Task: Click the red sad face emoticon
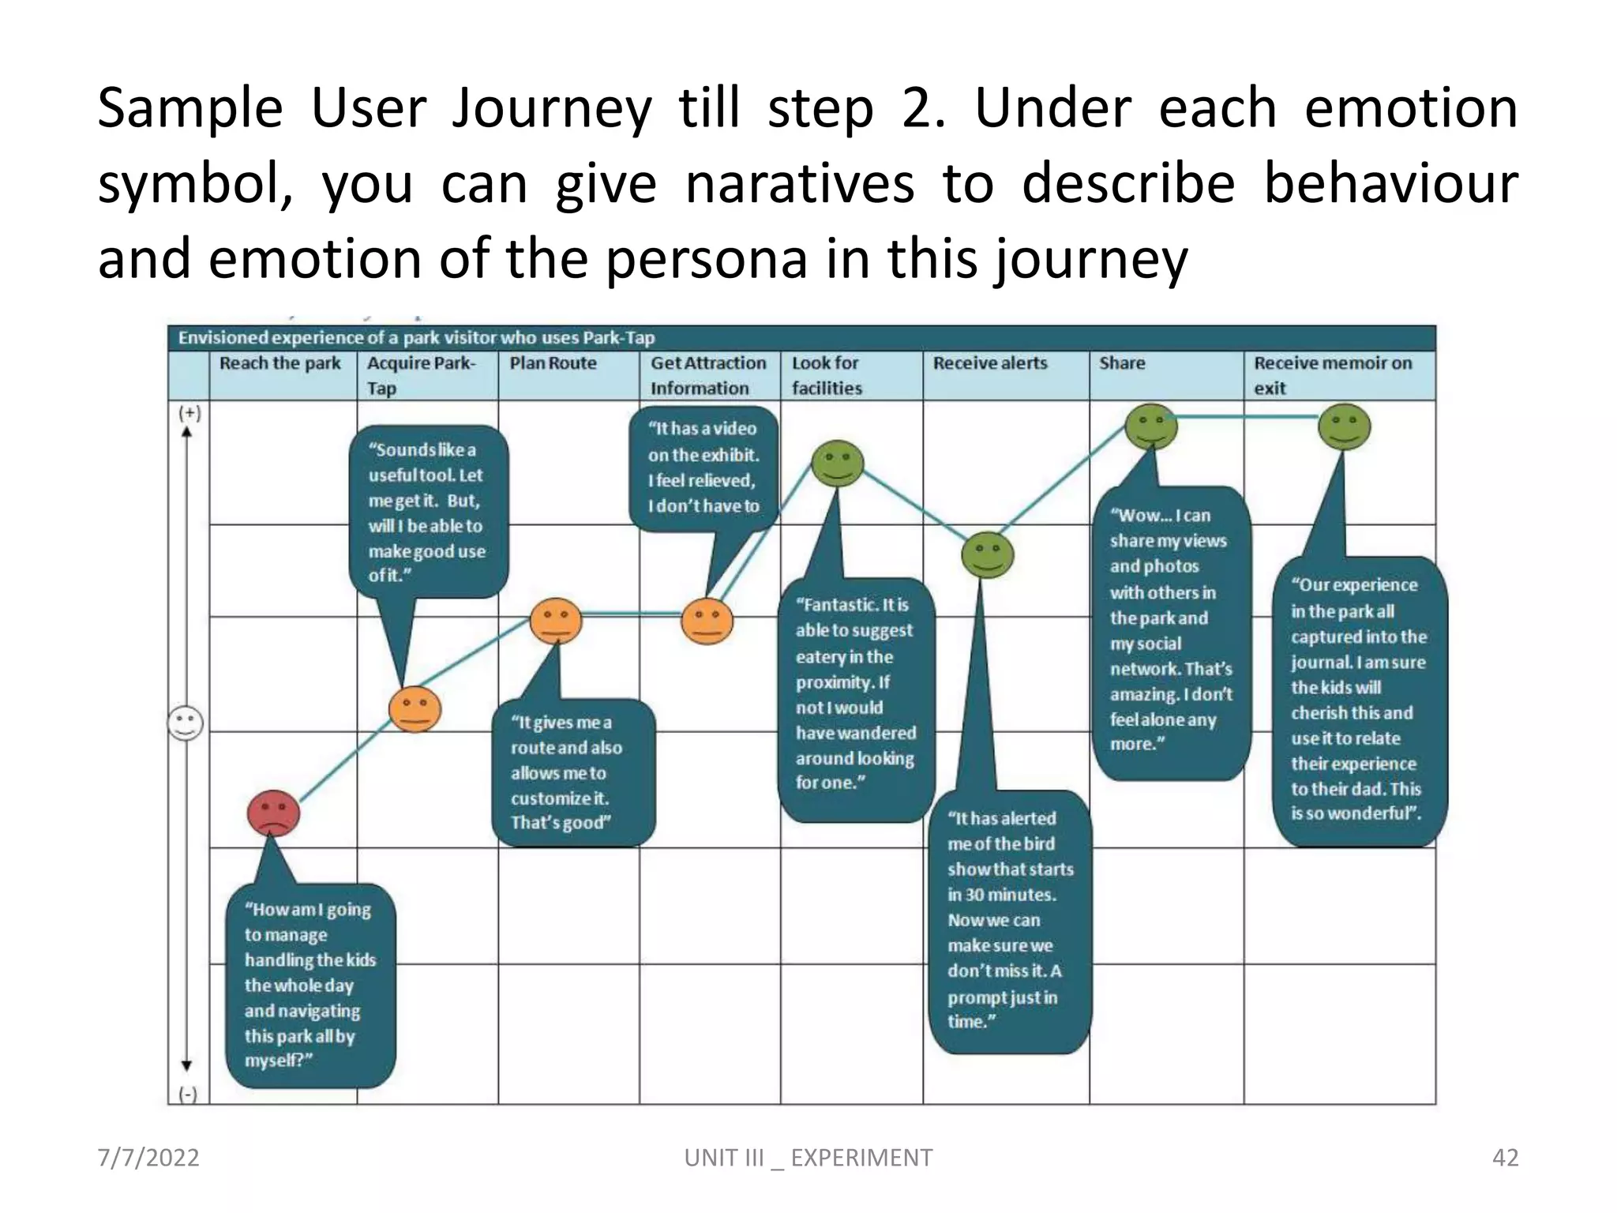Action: (x=273, y=813)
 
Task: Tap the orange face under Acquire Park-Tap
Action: (x=415, y=709)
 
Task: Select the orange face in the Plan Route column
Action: (x=556, y=621)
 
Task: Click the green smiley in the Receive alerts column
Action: (x=987, y=554)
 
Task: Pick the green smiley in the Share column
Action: (x=1150, y=427)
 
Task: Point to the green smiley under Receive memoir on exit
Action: (x=1344, y=427)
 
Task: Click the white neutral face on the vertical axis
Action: (x=186, y=723)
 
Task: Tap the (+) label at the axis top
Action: (x=189, y=413)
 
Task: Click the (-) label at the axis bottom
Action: (x=188, y=1094)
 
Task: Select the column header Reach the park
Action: (x=280, y=363)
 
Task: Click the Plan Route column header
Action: (x=553, y=363)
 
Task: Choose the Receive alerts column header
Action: (x=990, y=363)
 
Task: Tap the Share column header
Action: (x=1121, y=363)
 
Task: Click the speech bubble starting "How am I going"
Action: (x=310, y=985)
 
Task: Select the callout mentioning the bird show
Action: (x=1009, y=921)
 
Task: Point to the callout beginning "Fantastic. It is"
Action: (x=855, y=695)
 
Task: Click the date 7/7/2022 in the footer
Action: (x=148, y=1158)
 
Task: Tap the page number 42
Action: (x=1505, y=1158)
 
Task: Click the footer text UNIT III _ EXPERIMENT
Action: (x=808, y=1158)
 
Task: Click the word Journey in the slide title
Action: (x=551, y=108)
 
